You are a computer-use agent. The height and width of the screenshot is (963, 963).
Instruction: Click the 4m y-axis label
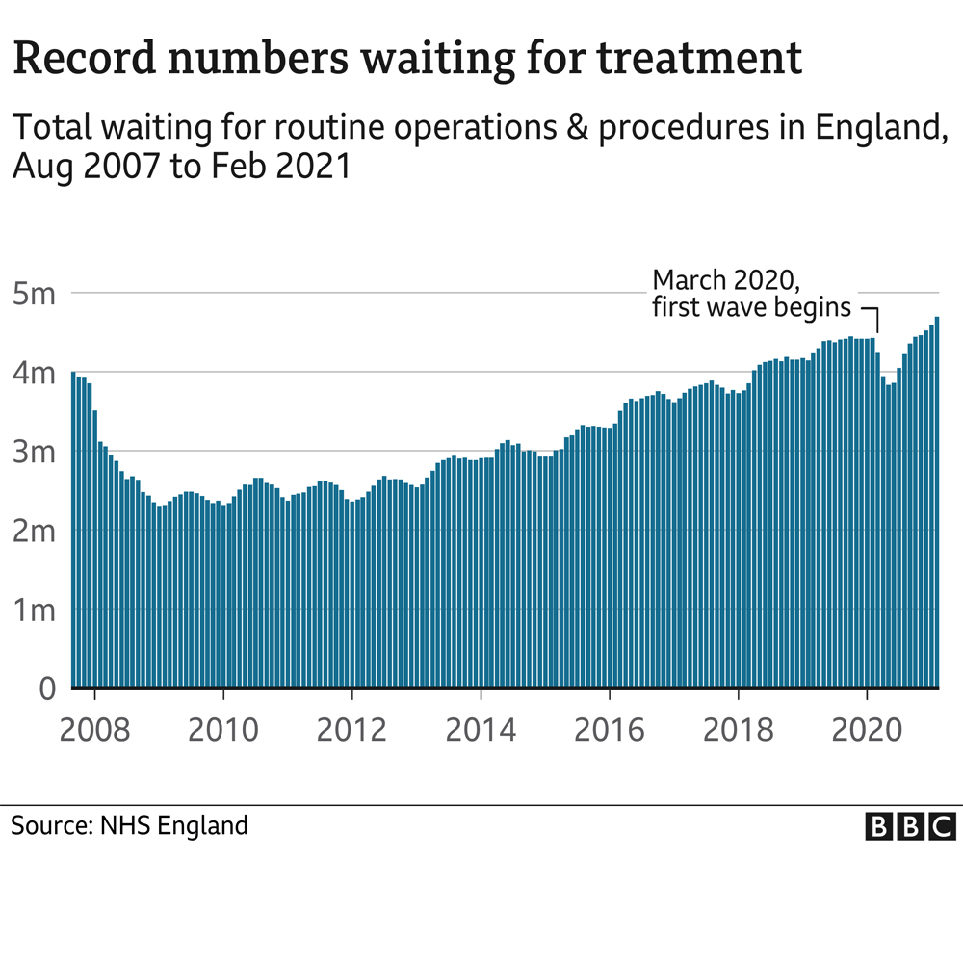[36, 372]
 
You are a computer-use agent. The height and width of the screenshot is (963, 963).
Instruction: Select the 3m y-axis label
[36, 451]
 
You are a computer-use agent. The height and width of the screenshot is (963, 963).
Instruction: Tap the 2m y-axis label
[36, 531]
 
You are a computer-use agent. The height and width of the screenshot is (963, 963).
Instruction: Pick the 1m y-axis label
[36, 610]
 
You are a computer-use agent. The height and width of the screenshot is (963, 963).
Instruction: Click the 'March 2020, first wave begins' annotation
[751, 294]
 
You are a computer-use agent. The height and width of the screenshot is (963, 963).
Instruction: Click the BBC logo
[910, 826]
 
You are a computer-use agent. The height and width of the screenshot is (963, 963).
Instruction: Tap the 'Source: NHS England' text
[130, 825]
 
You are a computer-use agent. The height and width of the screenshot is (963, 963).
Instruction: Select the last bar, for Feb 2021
[937, 501]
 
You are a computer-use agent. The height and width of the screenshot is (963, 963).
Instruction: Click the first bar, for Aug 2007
[73, 530]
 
